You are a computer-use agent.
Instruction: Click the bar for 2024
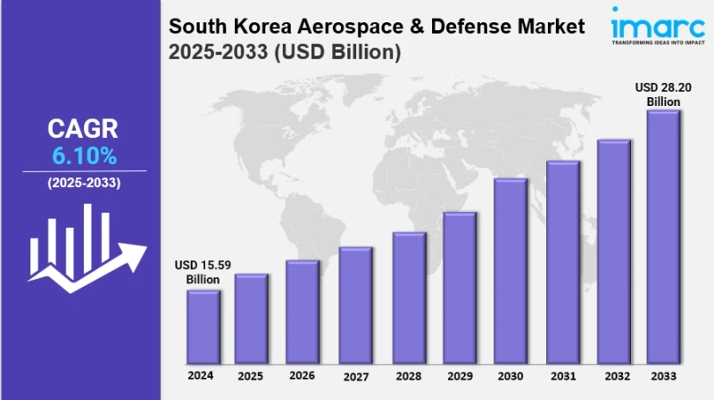(203, 327)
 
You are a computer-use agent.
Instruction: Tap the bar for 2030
(511, 272)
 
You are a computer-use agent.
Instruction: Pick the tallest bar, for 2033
(663, 237)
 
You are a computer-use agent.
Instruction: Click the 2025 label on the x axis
(252, 376)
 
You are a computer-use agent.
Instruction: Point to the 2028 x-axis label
(408, 376)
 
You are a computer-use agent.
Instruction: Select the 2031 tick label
(562, 376)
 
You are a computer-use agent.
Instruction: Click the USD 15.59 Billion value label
(203, 273)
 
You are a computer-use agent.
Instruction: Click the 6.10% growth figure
(84, 156)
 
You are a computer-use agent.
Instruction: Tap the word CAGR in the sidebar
(83, 129)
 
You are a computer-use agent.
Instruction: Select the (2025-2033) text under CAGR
(84, 183)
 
